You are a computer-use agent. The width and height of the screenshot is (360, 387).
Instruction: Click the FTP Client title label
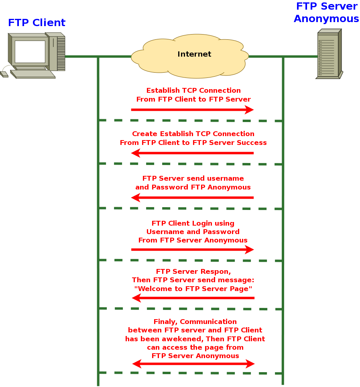point(37,23)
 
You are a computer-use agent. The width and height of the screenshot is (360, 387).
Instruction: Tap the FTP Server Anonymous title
point(326,12)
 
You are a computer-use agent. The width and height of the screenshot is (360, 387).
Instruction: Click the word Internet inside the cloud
point(194,54)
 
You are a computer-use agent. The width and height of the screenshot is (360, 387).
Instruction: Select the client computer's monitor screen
point(30,52)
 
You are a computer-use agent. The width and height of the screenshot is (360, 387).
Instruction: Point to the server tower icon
point(329,54)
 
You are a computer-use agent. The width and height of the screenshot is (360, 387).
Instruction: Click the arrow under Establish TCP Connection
point(192,110)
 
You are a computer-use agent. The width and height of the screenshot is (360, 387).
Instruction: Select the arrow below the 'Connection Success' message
point(192,153)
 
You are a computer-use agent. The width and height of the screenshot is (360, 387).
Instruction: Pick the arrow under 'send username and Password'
point(192,198)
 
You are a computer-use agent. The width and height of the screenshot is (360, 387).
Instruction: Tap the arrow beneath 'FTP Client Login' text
point(193,250)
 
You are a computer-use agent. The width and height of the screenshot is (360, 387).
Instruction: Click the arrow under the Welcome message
point(193,298)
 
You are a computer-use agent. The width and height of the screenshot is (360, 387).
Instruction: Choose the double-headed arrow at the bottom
point(193,364)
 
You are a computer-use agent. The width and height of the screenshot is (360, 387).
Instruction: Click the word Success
point(252,143)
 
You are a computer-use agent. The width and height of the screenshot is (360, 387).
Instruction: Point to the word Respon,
point(217,271)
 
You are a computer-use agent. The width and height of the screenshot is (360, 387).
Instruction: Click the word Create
point(144,134)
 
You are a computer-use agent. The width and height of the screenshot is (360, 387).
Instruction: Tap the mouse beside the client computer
point(4,74)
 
